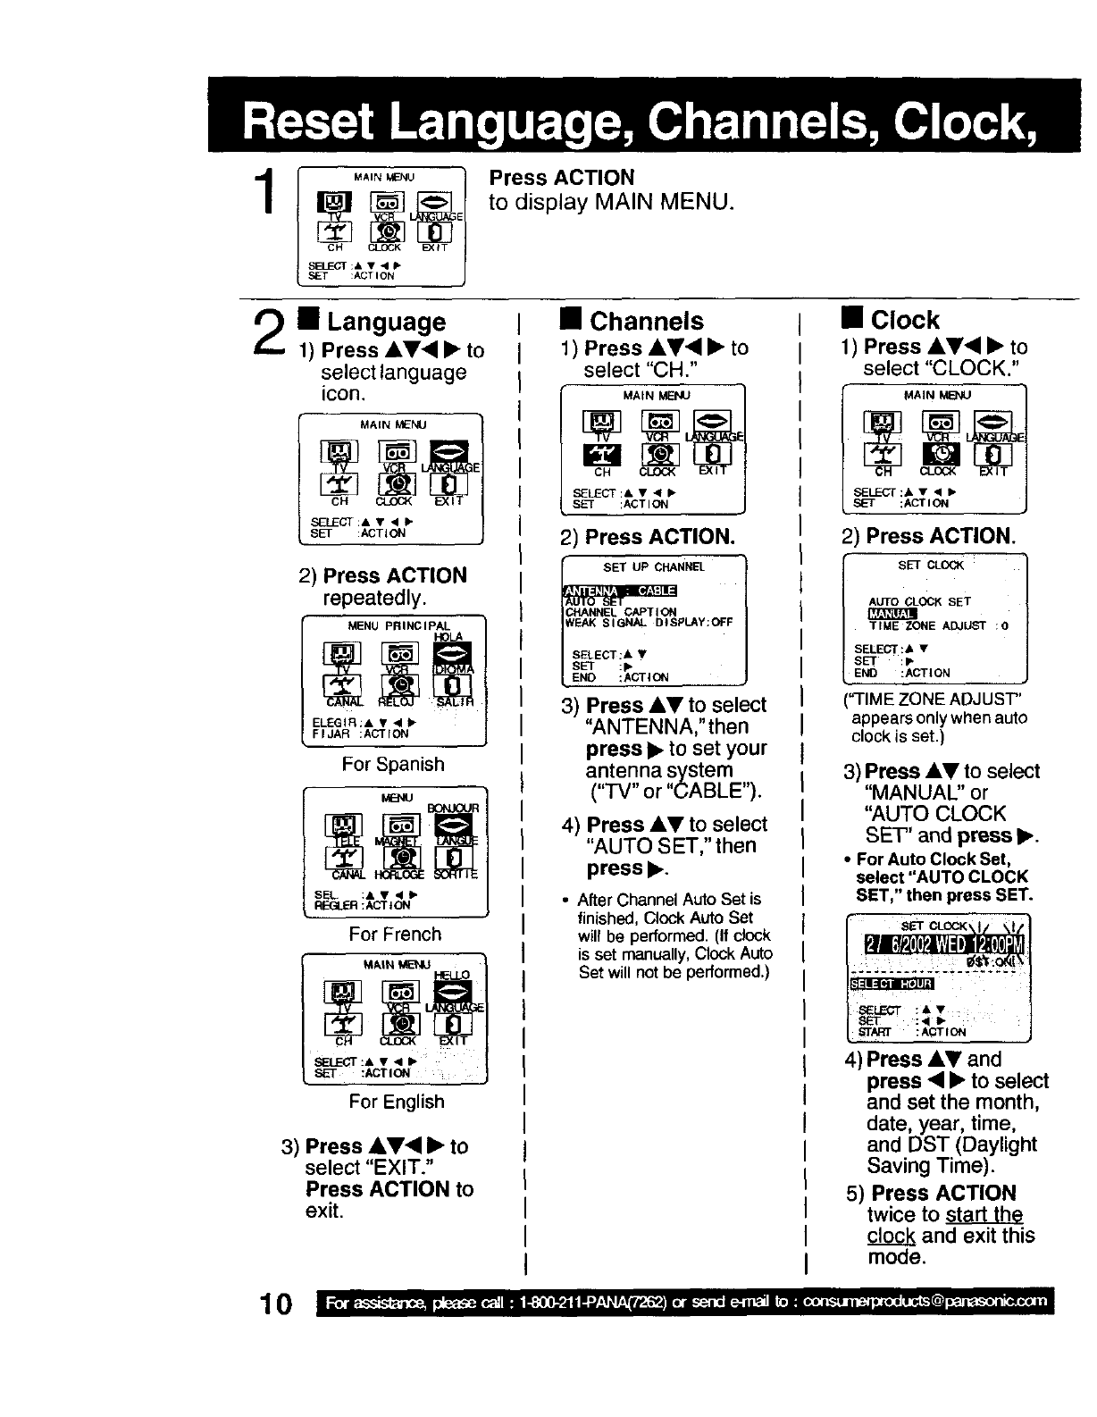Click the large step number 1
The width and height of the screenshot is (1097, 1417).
pos(264,195)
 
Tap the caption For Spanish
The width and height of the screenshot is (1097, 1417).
pos(393,765)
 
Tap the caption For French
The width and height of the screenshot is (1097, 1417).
pos(395,935)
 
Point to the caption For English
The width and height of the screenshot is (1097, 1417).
pos(397,1102)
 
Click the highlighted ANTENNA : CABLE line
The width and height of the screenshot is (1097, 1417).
pos(620,590)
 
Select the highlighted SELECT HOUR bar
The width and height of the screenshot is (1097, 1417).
pos(891,984)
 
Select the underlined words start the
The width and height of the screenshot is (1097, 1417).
pos(984,1215)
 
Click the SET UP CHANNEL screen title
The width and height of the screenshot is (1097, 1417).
pos(654,567)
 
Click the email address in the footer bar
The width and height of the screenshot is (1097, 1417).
pos(924,1303)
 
